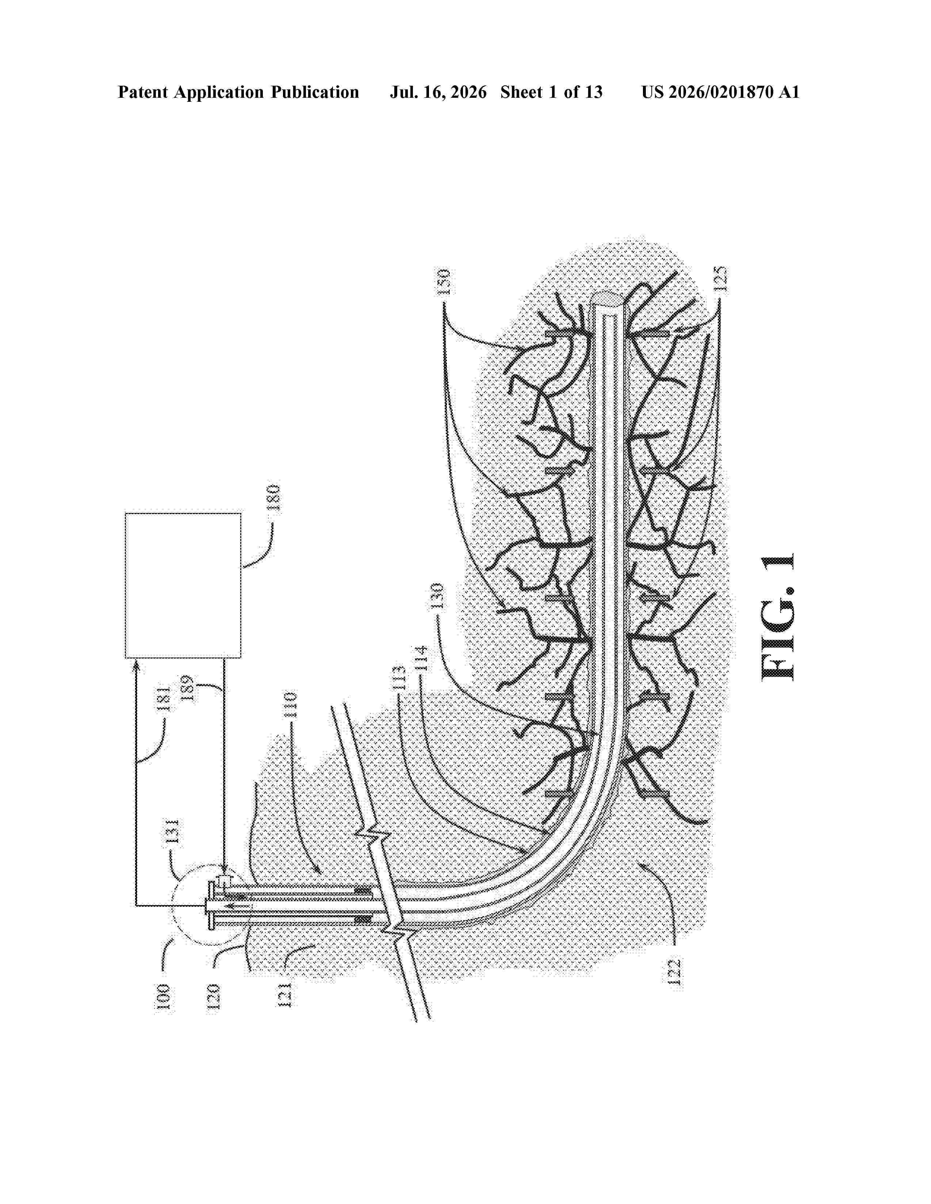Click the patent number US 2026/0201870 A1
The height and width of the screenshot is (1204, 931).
(720, 92)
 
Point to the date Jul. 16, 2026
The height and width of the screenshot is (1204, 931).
(438, 92)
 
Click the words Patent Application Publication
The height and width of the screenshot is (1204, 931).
(238, 92)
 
